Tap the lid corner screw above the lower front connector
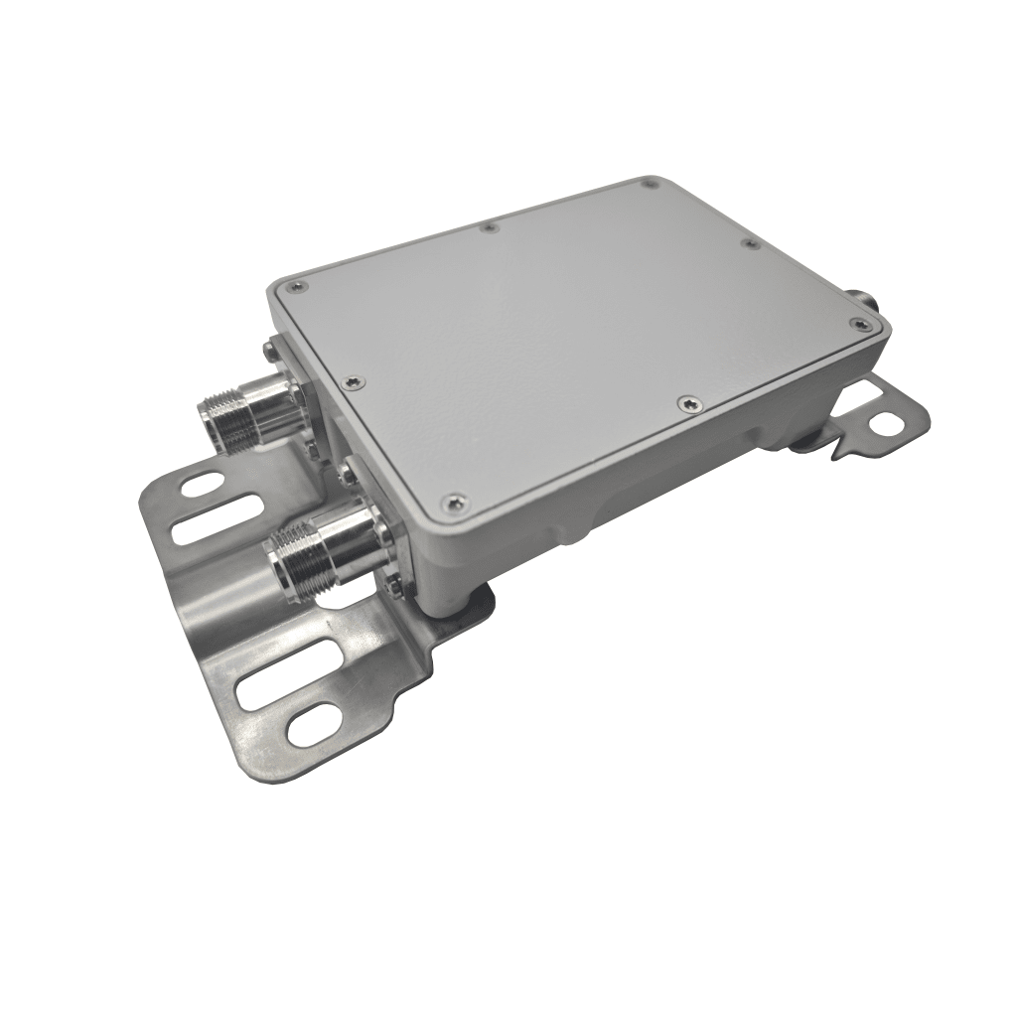[455, 505]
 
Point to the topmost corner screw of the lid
[650, 183]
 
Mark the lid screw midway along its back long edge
[489, 228]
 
